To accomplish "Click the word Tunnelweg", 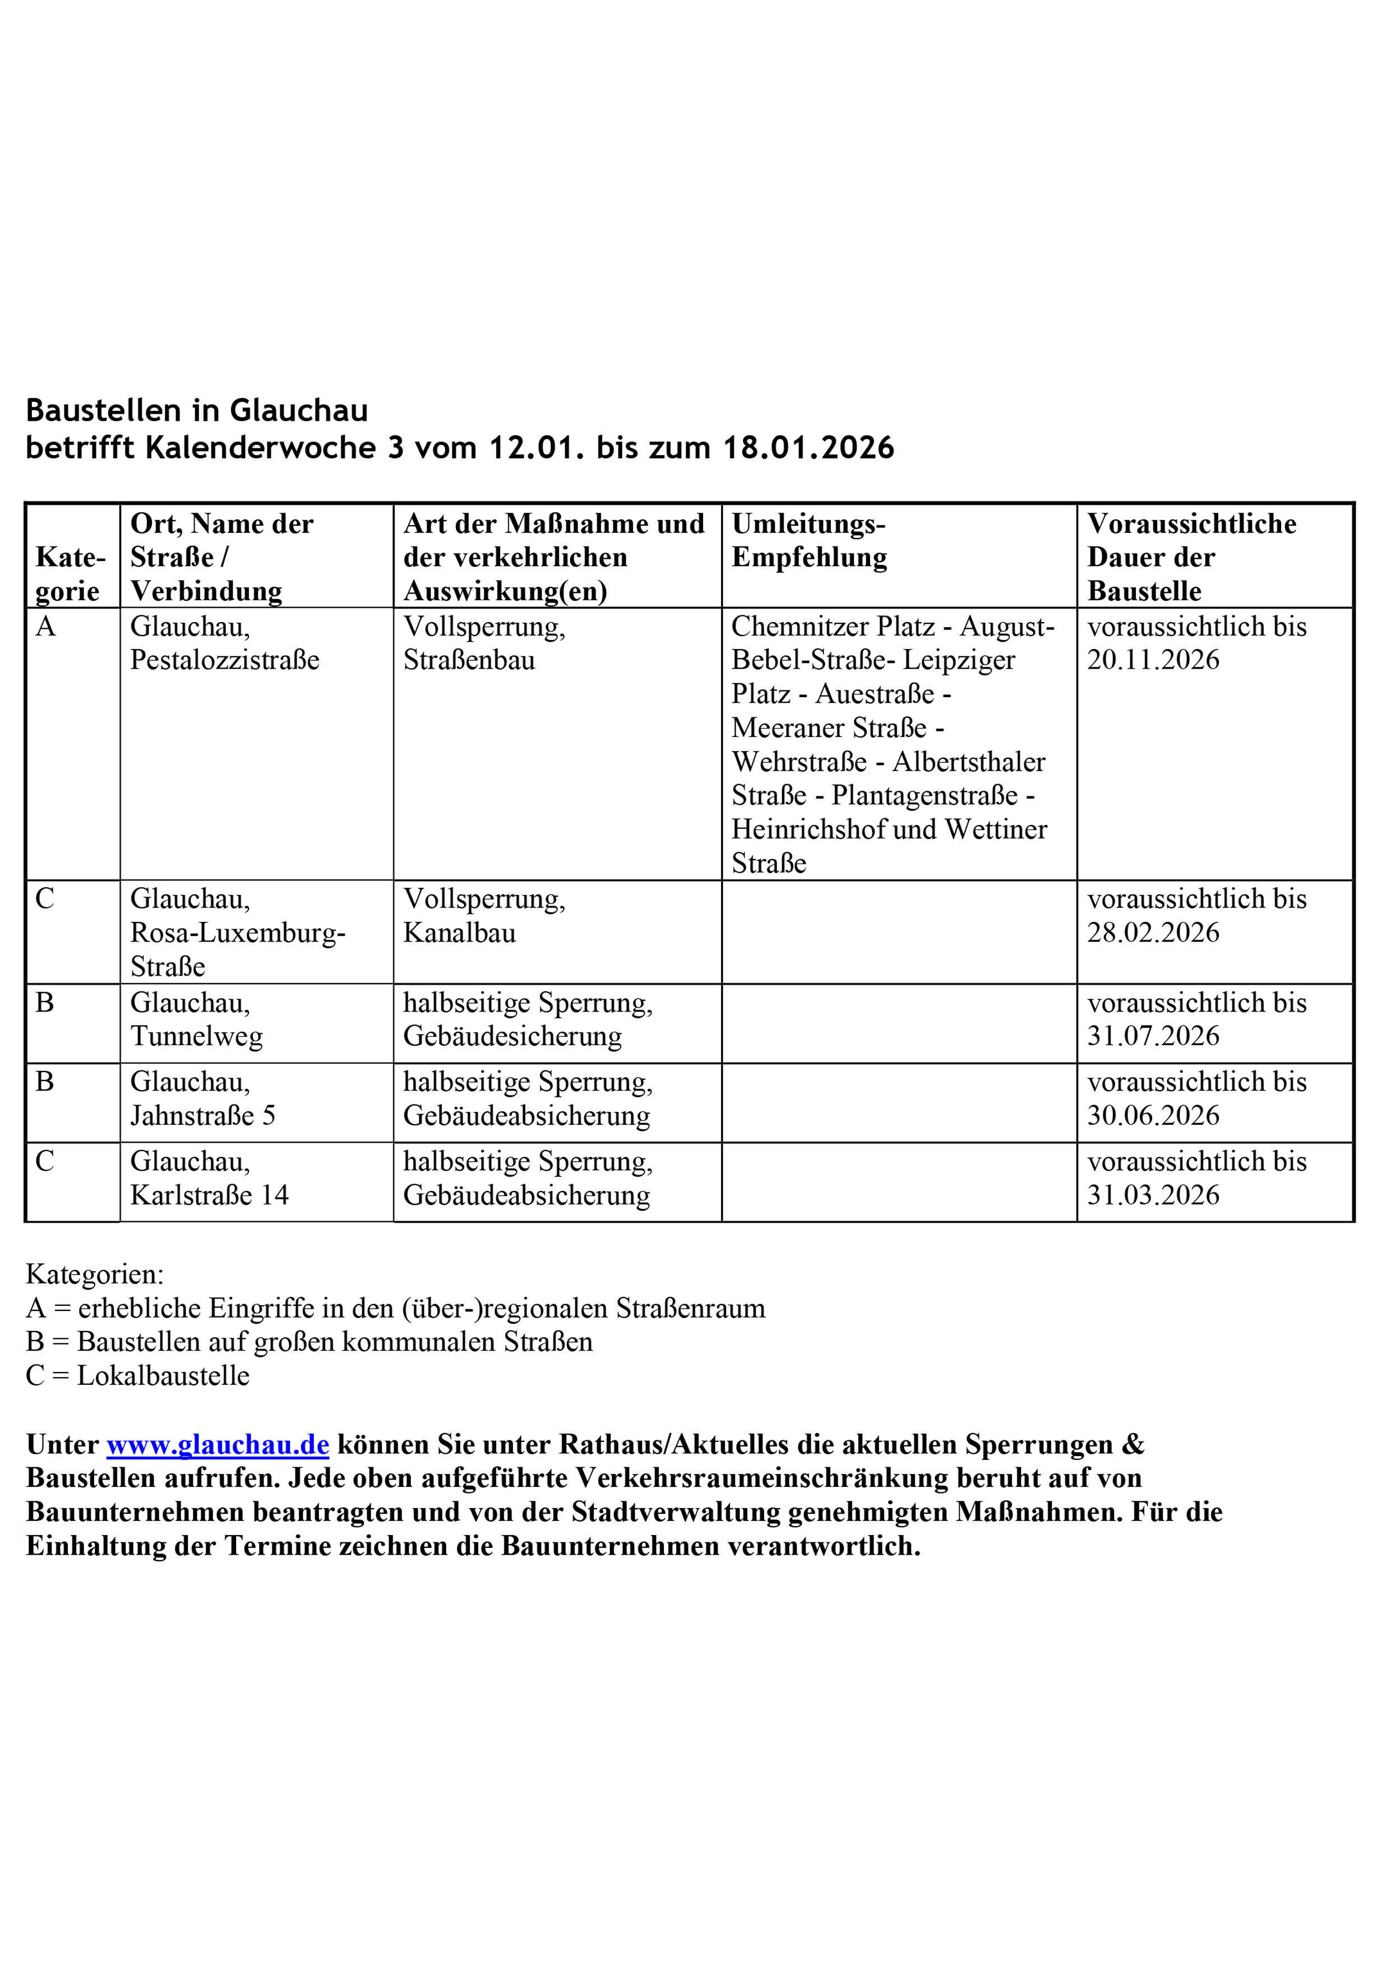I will point(196,1036).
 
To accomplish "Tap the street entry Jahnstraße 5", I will point(202,1116).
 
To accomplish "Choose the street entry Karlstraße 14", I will point(209,1195).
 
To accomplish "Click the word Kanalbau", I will point(459,933).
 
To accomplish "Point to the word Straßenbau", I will point(469,660).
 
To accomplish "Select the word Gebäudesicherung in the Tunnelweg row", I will point(512,1036).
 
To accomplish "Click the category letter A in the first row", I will point(45,627).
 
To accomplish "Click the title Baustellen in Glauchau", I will point(197,411).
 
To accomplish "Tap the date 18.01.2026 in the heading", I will point(808,448).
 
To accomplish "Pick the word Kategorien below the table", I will point(94,1274).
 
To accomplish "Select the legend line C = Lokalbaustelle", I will point(138,1376).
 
